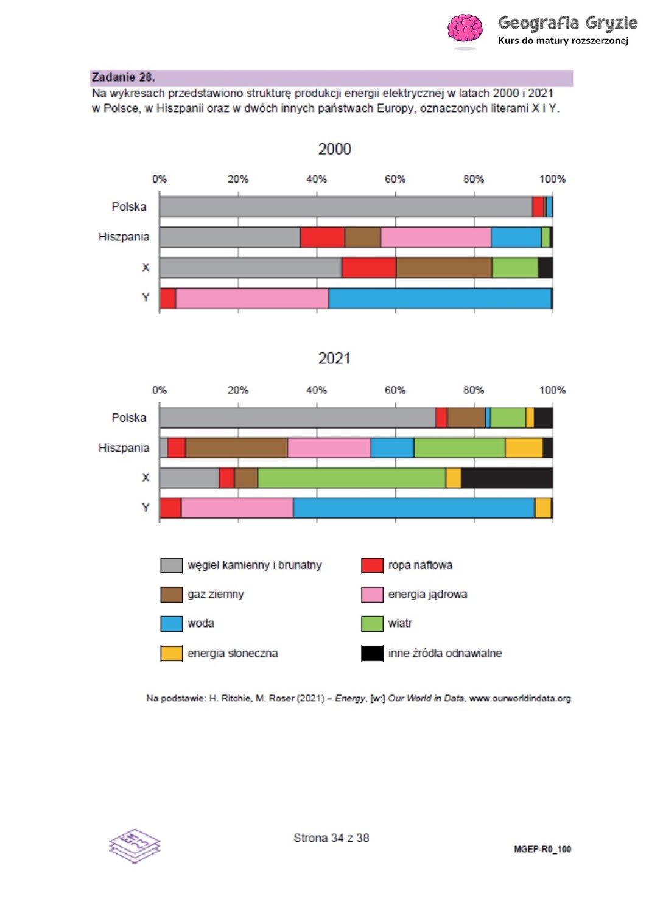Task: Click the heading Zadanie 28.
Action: (124, 77)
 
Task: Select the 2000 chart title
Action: (334, 149)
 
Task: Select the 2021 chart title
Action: (334, 359)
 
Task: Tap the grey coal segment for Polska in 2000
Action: (345, 207)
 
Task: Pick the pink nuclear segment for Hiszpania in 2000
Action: (435, 237)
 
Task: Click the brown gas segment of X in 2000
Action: (444, 268)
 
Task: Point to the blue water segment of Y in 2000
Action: (440, 298)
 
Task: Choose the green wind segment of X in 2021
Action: (351, 478)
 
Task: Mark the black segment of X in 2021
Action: (507, 478)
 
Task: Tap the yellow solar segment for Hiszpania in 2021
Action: (524, 448)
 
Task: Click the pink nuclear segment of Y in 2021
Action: (237, 508)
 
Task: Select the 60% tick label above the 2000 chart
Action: (395, 179)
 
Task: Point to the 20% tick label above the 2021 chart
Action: (238, 390)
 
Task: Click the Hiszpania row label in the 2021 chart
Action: (124, 448)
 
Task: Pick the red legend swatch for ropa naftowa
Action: (372, 565)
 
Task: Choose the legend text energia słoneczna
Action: (233, 653)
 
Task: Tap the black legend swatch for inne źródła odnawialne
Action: (372, 653)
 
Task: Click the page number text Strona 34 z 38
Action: (331, 838)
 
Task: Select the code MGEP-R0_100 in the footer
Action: (542, 849)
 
